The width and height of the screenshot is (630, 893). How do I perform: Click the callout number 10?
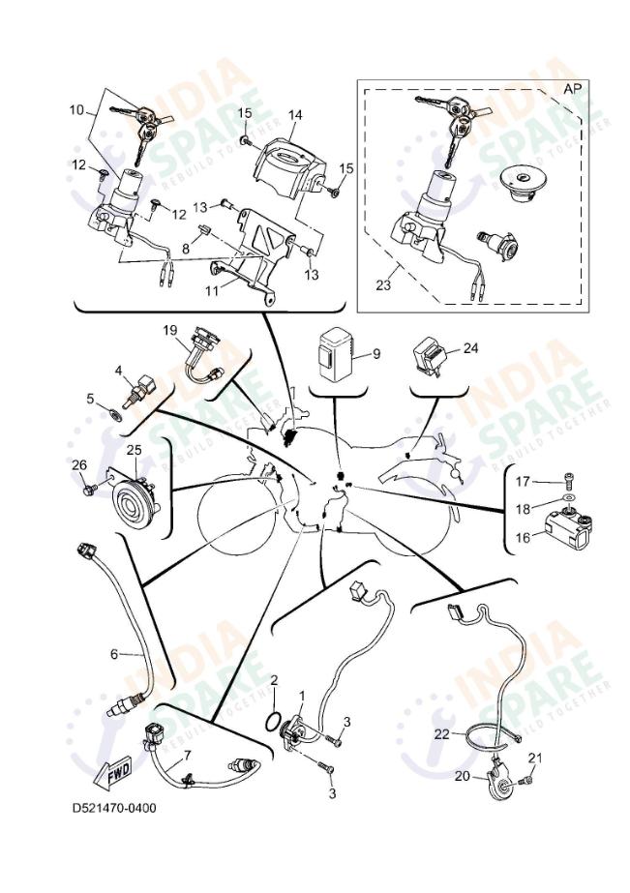point(76,111)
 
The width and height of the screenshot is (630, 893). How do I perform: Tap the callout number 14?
point(294,114)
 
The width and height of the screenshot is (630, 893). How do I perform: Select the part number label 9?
point(376,354)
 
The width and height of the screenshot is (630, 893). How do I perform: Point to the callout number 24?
point(471,349)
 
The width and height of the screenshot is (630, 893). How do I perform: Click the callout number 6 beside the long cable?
point(113,654)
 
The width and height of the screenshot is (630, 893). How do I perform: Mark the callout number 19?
point(169,330)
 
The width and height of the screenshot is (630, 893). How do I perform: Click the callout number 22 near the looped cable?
point(441,734)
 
